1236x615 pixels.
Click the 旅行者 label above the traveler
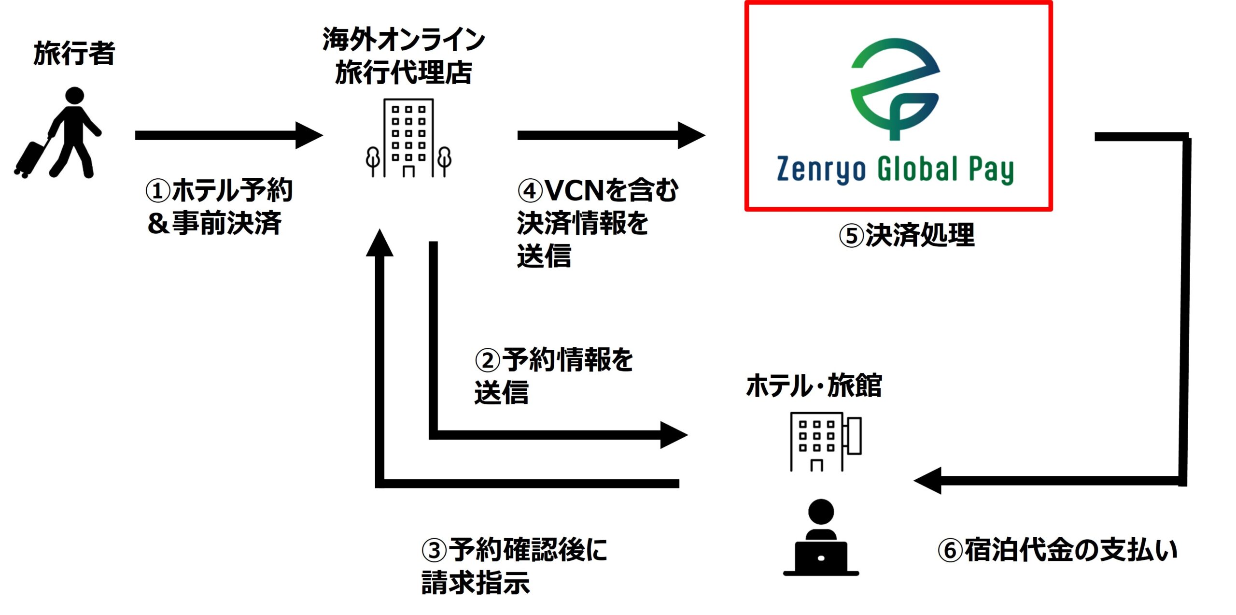[x=74, y=53]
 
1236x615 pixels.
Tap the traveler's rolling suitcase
[x=30, y=158]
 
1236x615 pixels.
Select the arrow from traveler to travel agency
[x=227, y=135]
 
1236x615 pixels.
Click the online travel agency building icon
[x=408, y=138]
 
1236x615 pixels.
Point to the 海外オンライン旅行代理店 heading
[x=404, y=56]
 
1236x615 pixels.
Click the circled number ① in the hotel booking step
[x=158, y=191]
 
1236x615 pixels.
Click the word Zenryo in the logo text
[x=821, y=170]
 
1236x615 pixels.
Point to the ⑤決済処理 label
[x=907, y=236]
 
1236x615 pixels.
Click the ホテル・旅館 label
[x=814, y=386]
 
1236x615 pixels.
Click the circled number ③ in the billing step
[x=434, y=550]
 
